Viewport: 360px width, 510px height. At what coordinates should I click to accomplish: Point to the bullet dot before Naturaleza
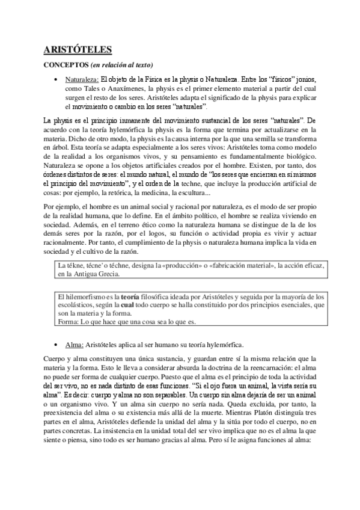coord(56,80)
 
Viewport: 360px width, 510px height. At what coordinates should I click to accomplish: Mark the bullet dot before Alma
coord(56,345)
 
